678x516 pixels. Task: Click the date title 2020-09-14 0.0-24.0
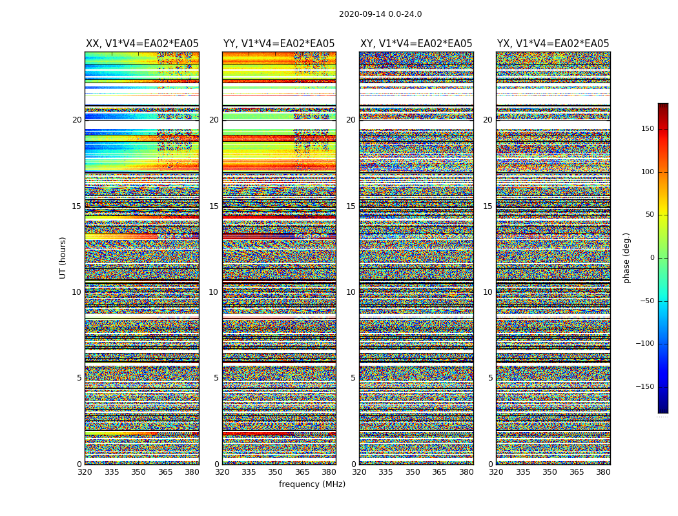pyautogui.click(x=380, y=14)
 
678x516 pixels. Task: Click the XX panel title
pyautogui.click(x=142, y=44)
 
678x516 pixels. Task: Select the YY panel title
pyautogui.click(x=279, y=44)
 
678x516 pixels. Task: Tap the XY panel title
pyautogui.click(x=416, y=44)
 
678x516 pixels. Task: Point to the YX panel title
pyautogui.click(x=553, y=44)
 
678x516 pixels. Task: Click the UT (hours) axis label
pyautogui.click(x=63, y=257)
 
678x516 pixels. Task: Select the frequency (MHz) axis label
pyautogui.click(x=312, y=484)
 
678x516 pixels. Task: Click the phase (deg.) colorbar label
pyautogui.click(x=626, y=257)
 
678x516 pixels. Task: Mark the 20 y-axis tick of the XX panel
pyautogui.click(x=77, y=120)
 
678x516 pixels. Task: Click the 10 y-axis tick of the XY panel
pyautogui.click(x=351, y=292)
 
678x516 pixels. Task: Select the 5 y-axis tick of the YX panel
pyautogui.click(x=490, y=378)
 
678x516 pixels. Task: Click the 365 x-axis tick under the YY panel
pyautogui.click(x=302, y=472)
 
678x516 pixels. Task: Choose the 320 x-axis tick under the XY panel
pyautogui.click(x=359, y=472)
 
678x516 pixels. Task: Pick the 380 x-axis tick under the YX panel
pyautogui.click(x=603, y=472)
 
